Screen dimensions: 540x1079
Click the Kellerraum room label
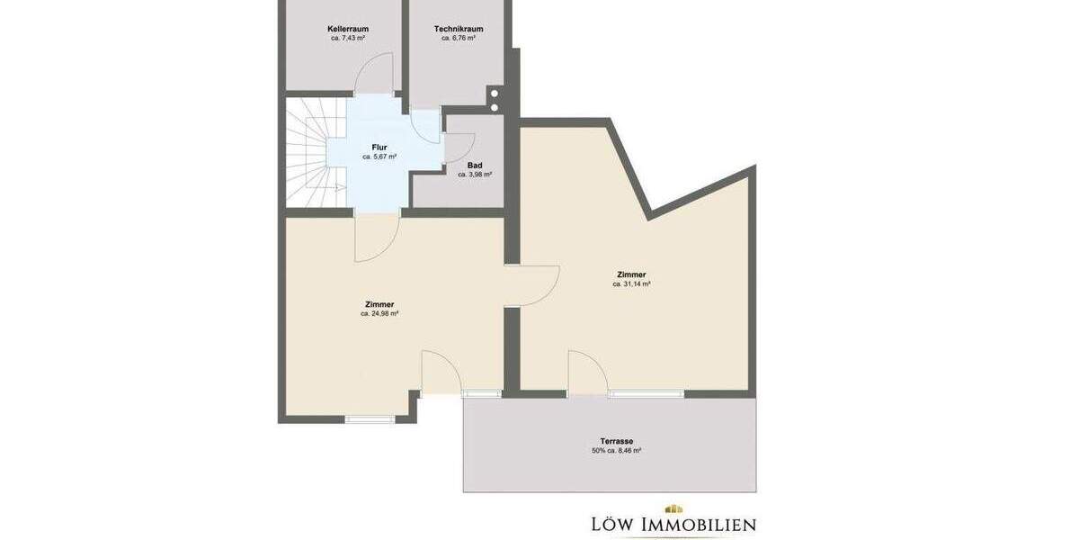pyautogui.click(x=348, y=29)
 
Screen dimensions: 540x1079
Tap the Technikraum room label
pyautogui.click(x=459, y=29)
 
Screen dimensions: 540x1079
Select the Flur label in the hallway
pyautogui.click(x=379, y=147)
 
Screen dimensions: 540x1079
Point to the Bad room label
pyautogui.click(x=475, y=165)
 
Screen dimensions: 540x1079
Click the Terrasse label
pyautogui.click(x=617, y=441)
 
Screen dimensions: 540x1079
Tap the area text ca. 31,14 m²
pyautogui.click(x=631, y=283)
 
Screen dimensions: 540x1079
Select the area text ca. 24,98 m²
pyautogui.click(x=379, y=314)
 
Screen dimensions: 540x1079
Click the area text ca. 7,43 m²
pyautogui.click(x=348, y=39)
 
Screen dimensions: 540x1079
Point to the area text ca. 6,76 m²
pyautogui.click(x=459, y=39)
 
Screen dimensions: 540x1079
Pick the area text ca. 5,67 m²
pyautogui.click(x=379, y=157)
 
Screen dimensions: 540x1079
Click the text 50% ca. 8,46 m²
pyautogui.click(x=617, y=451)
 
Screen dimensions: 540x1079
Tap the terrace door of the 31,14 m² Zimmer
pyautogui.click(x=586, y=371)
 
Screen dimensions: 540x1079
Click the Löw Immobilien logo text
pyautogui.click(x=673, y=524)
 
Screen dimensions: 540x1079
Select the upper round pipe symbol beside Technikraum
pyautogui.click(x=495, y=93)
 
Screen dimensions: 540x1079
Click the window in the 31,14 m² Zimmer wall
pyautogui.click(x=646, y=393)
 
